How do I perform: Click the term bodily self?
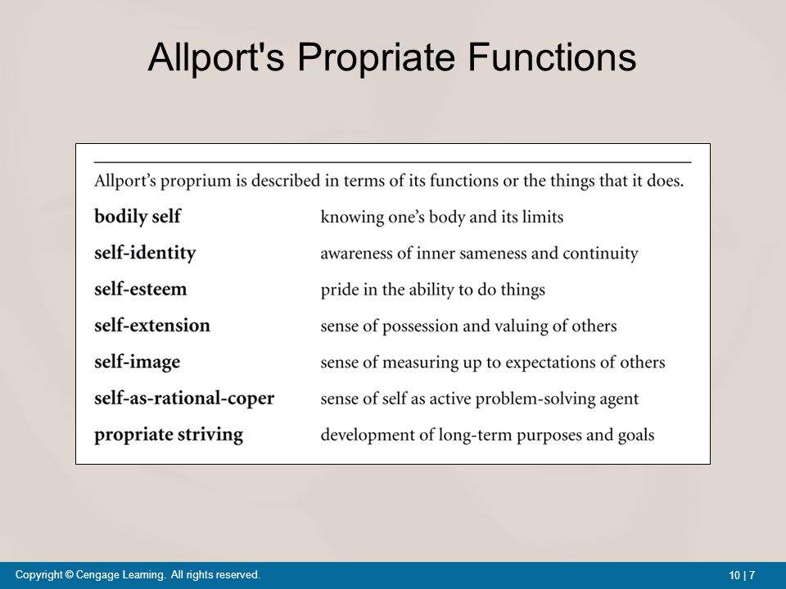pos(138,218)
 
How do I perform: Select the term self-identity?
pos(145,254)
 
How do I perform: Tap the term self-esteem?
pos(141,290)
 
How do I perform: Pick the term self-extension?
pos(152,326)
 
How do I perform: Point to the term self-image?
pos(138,362)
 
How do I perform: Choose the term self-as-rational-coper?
pos(184,398)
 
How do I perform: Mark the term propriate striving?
pos(169,434)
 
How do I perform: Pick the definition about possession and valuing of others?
pos(468,326)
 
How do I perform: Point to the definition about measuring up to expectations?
pos(492,362)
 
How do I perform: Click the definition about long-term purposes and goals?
pos(487,435)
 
